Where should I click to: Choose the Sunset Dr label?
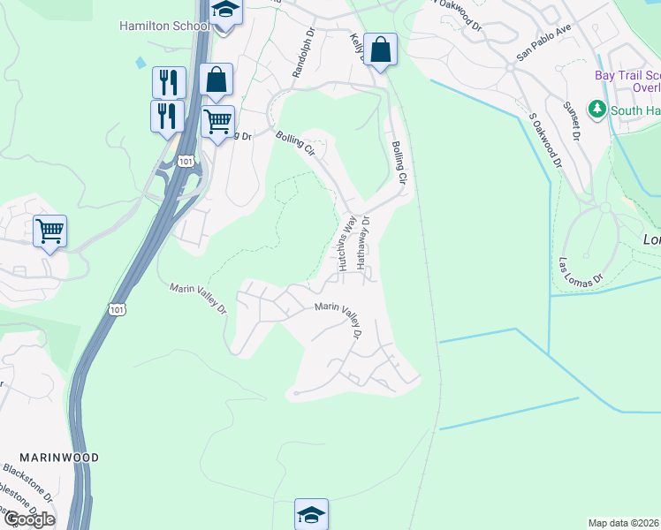(574, 122)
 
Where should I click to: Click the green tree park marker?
(598, 109)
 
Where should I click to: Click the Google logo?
(28, 519)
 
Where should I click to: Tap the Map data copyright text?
(624, 523)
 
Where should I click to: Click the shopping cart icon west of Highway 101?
(50, 231)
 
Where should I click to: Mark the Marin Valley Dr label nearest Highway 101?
(198, 299)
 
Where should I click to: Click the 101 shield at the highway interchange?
(185, 161)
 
